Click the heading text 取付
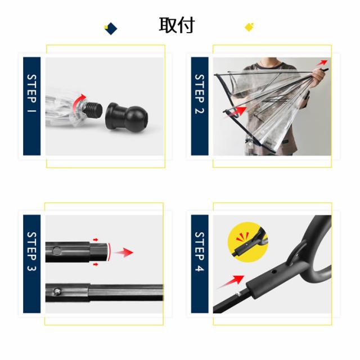[177, 25]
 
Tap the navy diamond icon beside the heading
[111, 29]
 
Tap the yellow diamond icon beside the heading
[249, 28]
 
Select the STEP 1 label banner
[32, 106]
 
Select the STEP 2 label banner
[200, 106]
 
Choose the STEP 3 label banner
[32, 264]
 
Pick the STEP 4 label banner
[200, 264]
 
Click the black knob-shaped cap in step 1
[127, 116]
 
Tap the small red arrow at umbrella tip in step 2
[322, 62]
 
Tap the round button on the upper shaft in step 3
[56, 251]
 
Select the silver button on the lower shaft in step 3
[56, 292]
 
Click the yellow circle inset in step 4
[247, 242]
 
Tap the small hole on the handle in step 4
[273, 272]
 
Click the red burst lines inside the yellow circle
[242, 237]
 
